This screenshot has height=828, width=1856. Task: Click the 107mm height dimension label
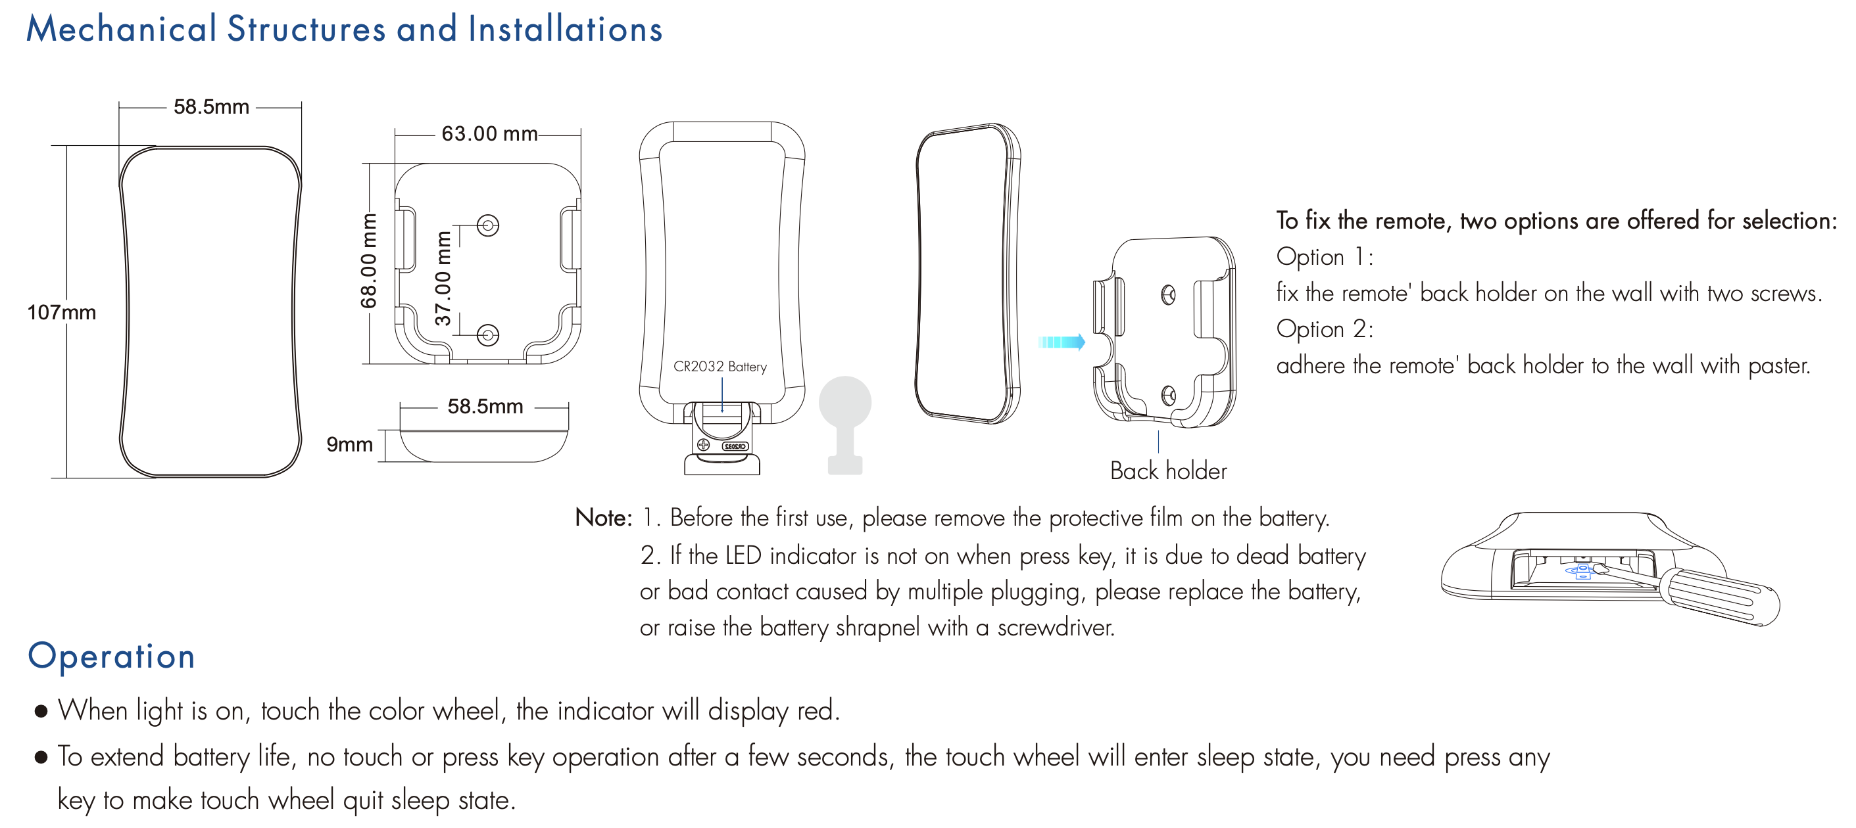point(61,313)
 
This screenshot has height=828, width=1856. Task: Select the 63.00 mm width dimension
point(489,134)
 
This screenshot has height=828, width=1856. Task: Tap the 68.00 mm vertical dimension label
point(369,261)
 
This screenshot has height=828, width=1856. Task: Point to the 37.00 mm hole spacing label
point(443,279)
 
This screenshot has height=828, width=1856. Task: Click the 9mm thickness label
point(349,444)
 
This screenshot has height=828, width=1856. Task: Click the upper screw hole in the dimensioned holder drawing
point(489,226)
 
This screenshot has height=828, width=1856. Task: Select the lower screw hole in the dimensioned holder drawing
point(489,334)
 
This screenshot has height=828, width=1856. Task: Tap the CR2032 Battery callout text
point(720,367)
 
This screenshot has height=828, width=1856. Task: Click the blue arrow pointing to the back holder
point(1062,342)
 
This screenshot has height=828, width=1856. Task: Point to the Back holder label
point(1168,471)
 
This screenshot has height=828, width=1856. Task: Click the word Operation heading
point(112,656)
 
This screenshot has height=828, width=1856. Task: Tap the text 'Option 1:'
point(1325,257)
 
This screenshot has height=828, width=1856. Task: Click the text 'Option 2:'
point(1325,329)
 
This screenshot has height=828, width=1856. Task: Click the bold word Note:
point(603,518)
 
